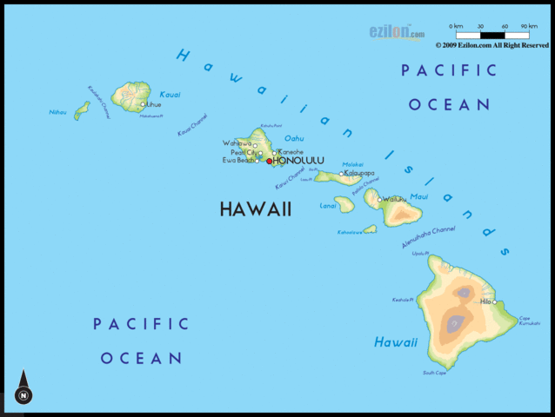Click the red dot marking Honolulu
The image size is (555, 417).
pos(270,161)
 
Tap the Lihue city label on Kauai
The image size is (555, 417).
pos(154,104)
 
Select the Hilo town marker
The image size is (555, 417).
pos(494,302)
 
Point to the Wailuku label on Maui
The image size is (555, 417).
pos(395,199)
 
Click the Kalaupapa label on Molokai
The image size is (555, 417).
pos(359,173)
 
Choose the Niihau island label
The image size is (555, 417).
pos(57,111)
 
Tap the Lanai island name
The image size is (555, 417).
pos(328,206)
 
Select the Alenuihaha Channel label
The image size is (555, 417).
pos(428,238)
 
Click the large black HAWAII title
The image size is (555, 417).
pos(255,209)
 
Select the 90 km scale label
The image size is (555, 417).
pos(528,26)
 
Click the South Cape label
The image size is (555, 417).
pos(434,373)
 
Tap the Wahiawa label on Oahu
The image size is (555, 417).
pos(237,142)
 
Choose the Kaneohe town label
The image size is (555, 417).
pos(291,152)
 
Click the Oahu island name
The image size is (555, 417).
pos(294,138)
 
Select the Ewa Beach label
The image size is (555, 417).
pos(238,160)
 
